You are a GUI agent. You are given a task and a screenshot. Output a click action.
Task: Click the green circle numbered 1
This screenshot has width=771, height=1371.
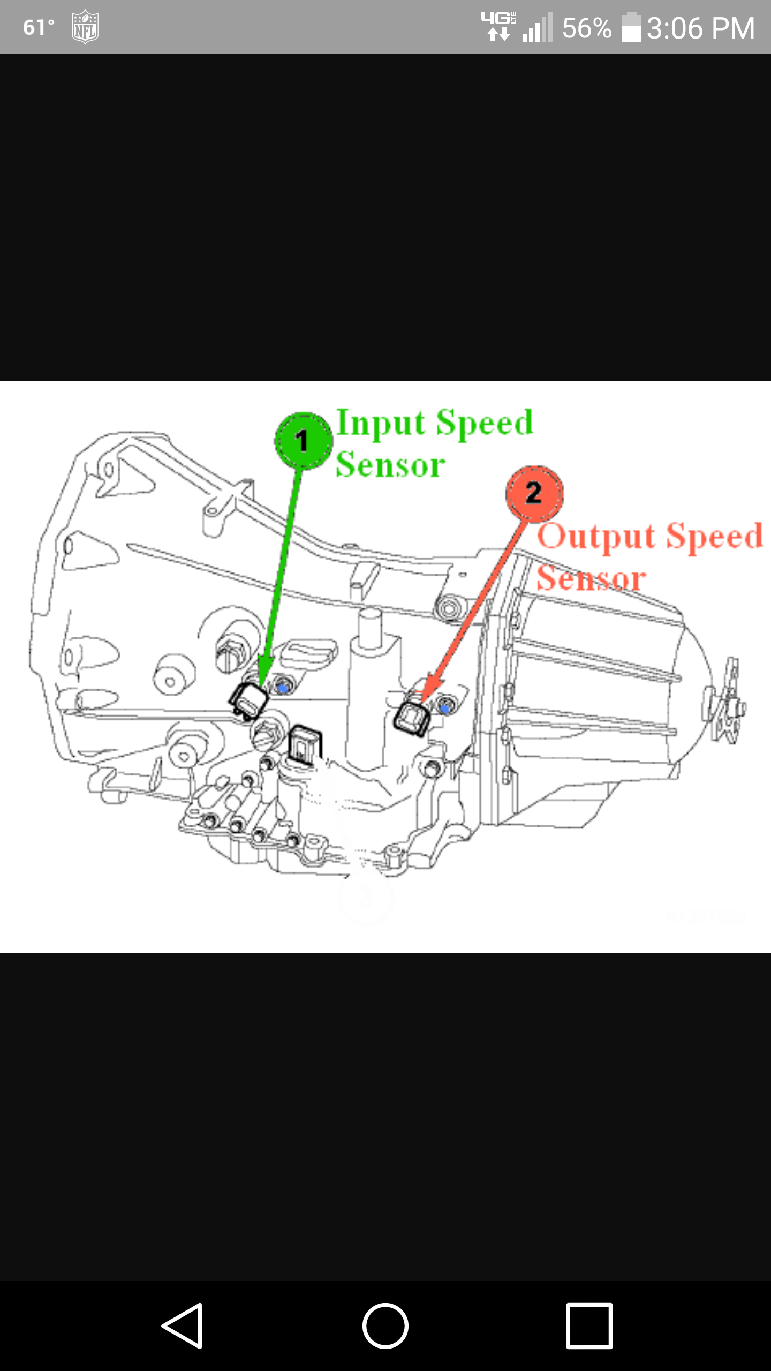click(303, 440)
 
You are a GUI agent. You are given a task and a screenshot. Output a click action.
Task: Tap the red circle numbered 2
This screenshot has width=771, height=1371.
click(534, 493)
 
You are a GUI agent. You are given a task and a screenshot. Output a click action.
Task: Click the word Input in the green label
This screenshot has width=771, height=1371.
click(381, 424)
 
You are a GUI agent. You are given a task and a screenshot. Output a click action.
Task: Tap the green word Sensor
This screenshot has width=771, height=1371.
click(390, 464)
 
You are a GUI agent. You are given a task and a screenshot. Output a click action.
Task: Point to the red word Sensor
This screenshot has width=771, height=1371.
click(591, 579)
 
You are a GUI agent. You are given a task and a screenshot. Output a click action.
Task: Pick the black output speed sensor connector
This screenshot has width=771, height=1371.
click(412, 718)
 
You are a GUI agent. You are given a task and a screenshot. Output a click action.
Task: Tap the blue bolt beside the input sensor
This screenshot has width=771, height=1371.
click(284, 686)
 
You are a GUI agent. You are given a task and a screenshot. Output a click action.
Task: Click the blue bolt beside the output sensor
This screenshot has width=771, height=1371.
click(444, 708)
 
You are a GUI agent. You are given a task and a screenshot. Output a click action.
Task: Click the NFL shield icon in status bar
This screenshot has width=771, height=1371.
click(85, 27)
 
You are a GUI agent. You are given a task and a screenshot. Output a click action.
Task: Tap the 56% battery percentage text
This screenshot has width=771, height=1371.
click(586, 28)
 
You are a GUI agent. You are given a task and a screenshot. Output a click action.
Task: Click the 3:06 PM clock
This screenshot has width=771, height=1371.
click(700, 28)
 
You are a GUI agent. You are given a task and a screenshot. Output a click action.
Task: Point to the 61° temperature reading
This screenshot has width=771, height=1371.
click(39, 27)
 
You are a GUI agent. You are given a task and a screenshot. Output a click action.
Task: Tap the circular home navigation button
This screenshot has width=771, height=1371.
click(385, 1325)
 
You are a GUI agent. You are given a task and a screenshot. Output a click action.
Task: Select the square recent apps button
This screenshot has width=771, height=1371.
click(589, 1325)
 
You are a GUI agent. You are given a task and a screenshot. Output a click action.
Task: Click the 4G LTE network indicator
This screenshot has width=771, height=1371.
click(498, 26)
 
